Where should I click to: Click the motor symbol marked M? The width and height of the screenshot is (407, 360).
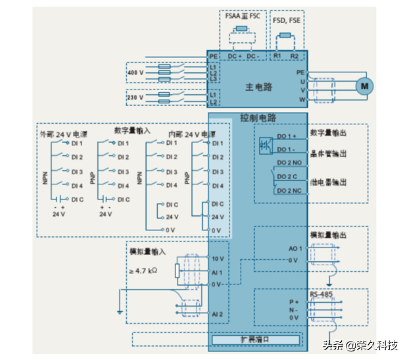coord(364,86)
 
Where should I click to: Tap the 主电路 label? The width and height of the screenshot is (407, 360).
coord(258,86)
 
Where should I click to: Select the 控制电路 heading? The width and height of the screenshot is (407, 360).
coord(258,118)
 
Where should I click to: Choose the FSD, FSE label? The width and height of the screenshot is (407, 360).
coord(287,20)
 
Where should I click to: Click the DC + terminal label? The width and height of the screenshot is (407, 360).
coord(235,57)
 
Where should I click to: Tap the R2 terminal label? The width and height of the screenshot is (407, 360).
coord(294,57)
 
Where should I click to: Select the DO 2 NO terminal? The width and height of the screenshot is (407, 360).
coord(289,162)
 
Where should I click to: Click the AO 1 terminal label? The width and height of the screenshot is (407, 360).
coord(295,248)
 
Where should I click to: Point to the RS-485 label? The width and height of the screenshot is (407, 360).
coord(321,294)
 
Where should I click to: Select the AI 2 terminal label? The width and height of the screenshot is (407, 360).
coord(217,313)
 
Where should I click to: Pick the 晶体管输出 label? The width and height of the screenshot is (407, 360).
coord(328,153)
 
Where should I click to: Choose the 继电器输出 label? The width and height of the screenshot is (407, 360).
coord(328,181)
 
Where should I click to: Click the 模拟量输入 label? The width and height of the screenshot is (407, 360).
coord(147,251)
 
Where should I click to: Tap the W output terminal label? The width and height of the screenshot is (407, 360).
coord(302,99)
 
